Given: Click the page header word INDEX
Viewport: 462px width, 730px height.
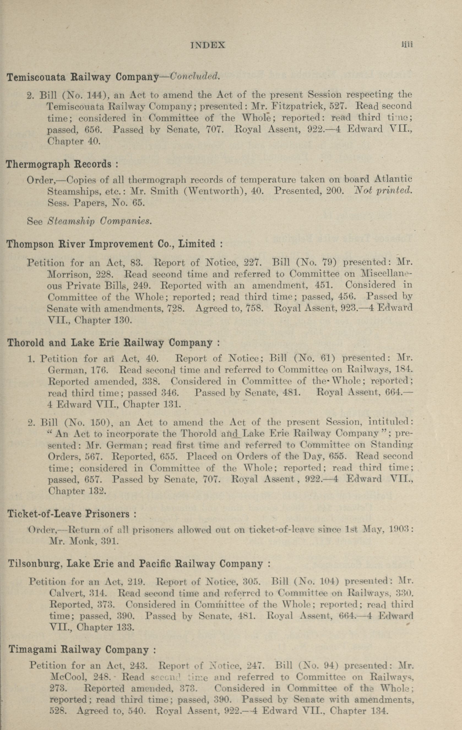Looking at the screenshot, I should [x=208, y=45].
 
